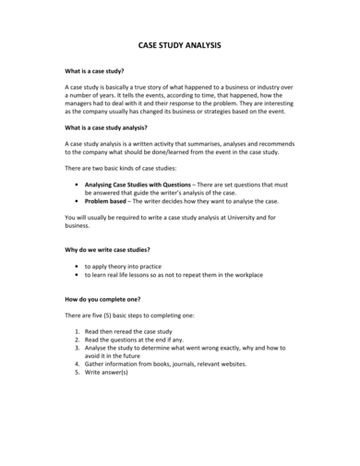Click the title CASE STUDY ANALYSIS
tap(179, 44)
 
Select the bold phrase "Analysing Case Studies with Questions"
tap(141, 185)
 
